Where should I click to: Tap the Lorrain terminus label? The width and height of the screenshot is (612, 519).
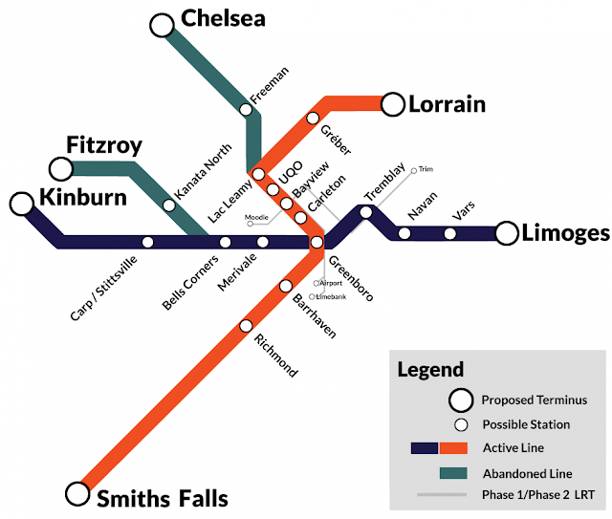pyautogui.click(x=448, y=104)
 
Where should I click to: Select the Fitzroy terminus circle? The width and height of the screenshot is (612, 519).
pyautogui.click(x=62, y=169)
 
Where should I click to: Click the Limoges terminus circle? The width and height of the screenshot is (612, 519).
pyautogui.click(x=507, y=233)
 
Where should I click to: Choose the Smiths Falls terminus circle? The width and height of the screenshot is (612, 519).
pyautogui.click(x=76, y=493)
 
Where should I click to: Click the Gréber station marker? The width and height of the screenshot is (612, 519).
pyautogui.click(x=311, y=119)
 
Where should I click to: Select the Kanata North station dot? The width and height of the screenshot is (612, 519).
pyautogui.click(x=169, y=205)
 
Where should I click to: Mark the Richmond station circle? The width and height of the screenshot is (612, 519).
pyautogui.click(x=247, y=325)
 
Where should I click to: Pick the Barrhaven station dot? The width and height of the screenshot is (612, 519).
pyautogui.click(x=285, y=287)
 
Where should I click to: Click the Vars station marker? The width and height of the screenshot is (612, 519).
pyautogui.click(x=450, y=233)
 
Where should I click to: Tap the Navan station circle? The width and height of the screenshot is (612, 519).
pyautogui.click(x=404, y=233)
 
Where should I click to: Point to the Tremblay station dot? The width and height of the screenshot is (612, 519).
pyautogui.click(x=365, y=212)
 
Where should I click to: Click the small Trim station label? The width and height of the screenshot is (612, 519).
pyautogui.click(x=426, y=169)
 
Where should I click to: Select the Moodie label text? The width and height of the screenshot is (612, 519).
pyautogui.click(x=256, y=218)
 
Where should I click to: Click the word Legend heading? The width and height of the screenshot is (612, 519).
pyautogui.click(x=430, y=370)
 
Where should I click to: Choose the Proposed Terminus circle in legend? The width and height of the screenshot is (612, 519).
pyautogui.click(x=463, y=400)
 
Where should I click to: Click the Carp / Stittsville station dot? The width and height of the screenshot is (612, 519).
pyautogui.click(x=147, y=242)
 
